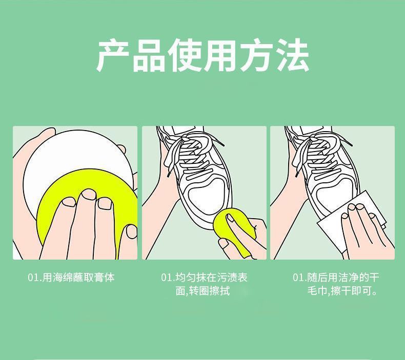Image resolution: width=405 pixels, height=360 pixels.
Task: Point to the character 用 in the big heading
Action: click(221, 55)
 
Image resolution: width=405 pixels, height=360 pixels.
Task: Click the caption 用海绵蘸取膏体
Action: click(78, 278)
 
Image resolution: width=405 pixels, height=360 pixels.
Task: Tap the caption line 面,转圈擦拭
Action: click(203, 291)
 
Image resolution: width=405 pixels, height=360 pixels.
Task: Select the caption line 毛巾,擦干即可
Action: click(342, 291)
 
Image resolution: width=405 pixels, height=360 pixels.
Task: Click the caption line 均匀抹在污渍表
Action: click(212, 278)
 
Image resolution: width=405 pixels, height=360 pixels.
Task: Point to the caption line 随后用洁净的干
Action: click(343, 278)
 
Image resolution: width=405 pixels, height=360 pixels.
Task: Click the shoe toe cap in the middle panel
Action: click(204, 196)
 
